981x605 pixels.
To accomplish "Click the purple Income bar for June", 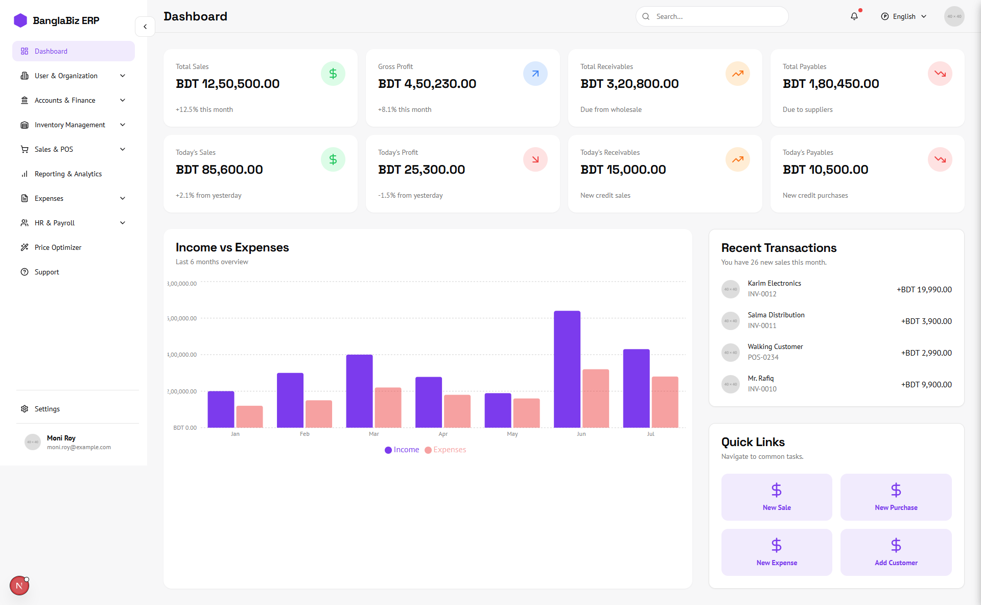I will [x=567, y=369].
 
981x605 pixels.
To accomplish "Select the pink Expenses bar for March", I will [x=388, y=407].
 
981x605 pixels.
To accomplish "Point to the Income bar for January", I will [x=221, y=409].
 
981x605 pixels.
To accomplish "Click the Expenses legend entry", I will [x=446, y=450].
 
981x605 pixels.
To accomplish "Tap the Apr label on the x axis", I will [x=443, y=434].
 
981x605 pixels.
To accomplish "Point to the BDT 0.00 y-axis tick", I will [x=184, y=428].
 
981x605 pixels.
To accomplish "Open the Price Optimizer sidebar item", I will [x=58, y=247].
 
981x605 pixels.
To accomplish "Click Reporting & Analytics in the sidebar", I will [x=68, y=174].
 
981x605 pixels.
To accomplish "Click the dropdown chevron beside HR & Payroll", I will [x=123, y=223].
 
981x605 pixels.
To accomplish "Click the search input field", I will [x=715, y=16].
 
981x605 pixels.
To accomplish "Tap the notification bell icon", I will [x=854, y=16].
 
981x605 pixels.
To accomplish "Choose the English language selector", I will [x=903, y=16].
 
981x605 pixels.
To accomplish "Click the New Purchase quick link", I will [x=896, y=497].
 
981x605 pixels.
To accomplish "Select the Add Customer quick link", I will [x=896, y=552].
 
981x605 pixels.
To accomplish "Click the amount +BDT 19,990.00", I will [x=924, y=290].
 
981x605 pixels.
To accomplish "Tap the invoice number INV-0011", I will [x=762, y=325].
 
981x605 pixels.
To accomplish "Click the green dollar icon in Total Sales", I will [x=333, y=74].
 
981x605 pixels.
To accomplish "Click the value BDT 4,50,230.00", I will [x=427, y=84].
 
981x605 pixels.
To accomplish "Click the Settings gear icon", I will [x=25, y=409].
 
